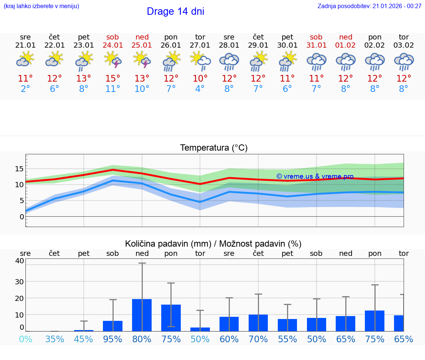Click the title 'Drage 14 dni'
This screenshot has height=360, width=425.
(x=175, y=11)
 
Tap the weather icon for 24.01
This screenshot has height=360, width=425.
(x=113, y=60)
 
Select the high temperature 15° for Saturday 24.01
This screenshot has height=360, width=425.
(x=113, y=79)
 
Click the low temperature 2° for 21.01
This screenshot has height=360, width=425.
(x=25, y=89)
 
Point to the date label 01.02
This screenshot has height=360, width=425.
(x=346, y=45)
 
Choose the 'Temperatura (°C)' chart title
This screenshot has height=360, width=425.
(x=214, y=148)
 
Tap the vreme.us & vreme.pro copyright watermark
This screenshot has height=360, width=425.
(x=315, y=176)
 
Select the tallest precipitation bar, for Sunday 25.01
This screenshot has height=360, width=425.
(x=142, y=315)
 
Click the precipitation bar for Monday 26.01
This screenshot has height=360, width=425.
(x=171, y=318)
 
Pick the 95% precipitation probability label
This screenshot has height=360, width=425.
(x=113, y=339)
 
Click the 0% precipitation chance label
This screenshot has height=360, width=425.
(x=25, y=339)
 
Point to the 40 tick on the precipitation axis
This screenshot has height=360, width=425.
(x=19, y=261)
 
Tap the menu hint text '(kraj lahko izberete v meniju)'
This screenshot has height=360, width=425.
(x=41, y=6)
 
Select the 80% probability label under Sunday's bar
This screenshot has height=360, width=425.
(x=142, y=339)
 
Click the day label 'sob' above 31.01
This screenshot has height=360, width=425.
(x=316, y=37)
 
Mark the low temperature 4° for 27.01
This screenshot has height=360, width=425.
(x=200, y=89)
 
